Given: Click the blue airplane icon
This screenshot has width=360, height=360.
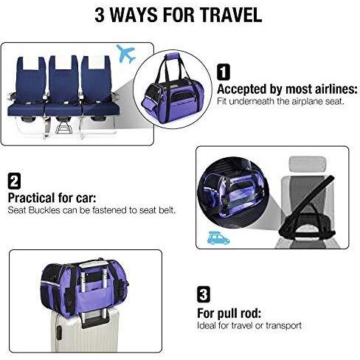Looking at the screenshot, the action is coord(125,54).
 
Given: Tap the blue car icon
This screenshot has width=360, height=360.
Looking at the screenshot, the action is coord(218,238).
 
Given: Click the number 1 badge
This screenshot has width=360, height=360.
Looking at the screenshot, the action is coord(224,72).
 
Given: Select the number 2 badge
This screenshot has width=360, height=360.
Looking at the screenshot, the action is coord(14,181).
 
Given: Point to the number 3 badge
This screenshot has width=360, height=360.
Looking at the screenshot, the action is coord(204,294).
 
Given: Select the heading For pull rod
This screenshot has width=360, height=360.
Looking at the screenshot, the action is coord(229,314).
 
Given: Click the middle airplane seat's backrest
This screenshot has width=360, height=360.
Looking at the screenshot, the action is coord(63,78).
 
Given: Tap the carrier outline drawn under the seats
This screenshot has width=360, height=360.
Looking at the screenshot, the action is coord(63,128).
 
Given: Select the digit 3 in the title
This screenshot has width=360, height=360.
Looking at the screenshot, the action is coord(100,15).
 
